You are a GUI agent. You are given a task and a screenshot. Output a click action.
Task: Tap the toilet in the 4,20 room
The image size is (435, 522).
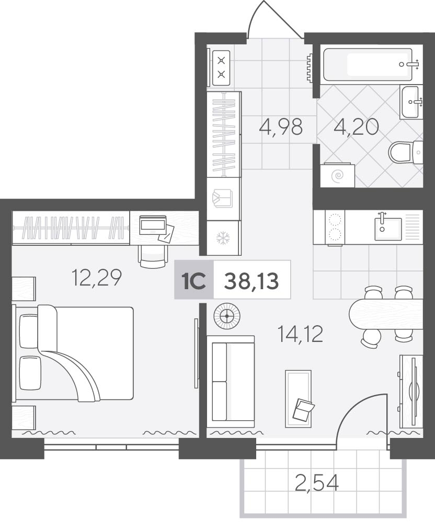click(406, 152)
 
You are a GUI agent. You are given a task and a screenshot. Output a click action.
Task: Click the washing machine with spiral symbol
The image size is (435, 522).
click(337, 175)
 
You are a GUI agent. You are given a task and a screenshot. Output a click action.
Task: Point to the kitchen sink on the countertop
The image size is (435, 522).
click(388, 229)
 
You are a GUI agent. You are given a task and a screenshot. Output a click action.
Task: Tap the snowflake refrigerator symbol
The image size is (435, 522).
click(223, 238)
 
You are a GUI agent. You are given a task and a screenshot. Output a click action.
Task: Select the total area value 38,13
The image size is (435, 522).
click(251, 281)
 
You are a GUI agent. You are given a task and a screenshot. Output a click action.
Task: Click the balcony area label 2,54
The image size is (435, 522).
click(317, 483)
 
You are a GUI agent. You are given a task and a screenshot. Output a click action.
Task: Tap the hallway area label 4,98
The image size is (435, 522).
click(281, 127)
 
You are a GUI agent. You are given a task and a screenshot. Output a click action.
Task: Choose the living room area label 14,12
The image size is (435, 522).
click(300, 334)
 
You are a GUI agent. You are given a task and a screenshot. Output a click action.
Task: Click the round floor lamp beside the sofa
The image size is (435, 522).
click(227, 316)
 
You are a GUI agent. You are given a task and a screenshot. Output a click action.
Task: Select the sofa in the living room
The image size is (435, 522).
click(231, 382)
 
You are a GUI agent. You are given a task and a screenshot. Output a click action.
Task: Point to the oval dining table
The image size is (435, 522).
click(386, 314)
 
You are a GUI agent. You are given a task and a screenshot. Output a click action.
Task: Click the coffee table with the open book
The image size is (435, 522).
click(299, 399)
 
